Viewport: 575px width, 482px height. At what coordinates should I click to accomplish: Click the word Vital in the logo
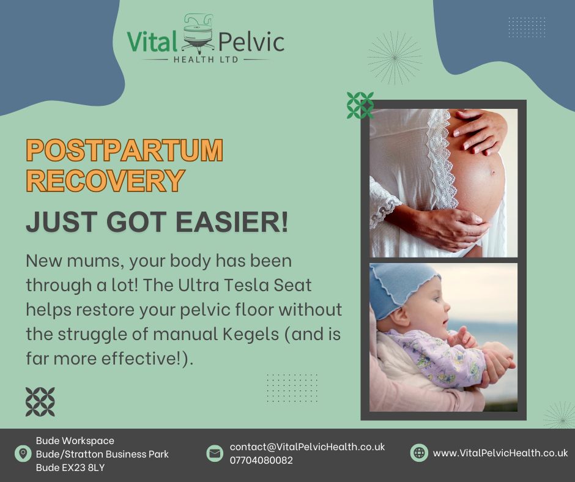point(152,41)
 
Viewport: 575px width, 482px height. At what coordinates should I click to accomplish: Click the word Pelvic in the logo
point(251,42)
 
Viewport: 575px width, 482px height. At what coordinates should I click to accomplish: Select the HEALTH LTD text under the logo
point(206,59)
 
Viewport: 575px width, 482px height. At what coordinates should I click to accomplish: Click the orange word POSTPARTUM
point(124,150)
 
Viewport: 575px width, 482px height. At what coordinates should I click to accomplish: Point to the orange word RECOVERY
point(105,180)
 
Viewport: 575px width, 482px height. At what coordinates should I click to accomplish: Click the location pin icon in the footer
point(23,453)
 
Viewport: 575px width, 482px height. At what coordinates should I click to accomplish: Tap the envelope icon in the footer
point(215,453)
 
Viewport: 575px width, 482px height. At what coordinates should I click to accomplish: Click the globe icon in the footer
point(419,453)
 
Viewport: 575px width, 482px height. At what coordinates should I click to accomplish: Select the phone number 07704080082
point(261,461)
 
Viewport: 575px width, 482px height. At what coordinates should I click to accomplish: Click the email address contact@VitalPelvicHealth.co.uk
point(307,447)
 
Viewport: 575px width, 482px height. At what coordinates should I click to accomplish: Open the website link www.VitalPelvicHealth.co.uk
point(500,453)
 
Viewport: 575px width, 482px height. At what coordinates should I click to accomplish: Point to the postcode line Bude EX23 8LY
point(70,468)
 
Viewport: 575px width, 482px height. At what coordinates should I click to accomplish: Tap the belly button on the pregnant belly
point(493,172)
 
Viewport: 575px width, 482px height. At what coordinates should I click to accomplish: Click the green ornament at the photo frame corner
point(360,105)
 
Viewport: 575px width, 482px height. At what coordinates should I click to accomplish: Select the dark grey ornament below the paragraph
point(40,402)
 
